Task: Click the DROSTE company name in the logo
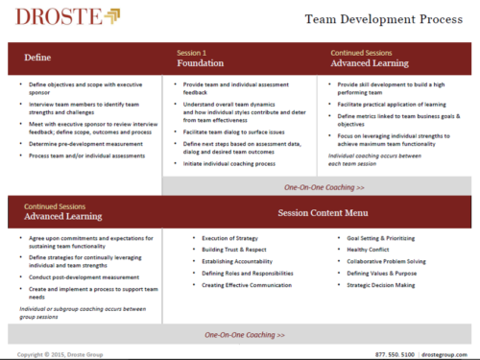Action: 46,16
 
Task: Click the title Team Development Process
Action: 387,18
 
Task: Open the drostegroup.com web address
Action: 446,354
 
